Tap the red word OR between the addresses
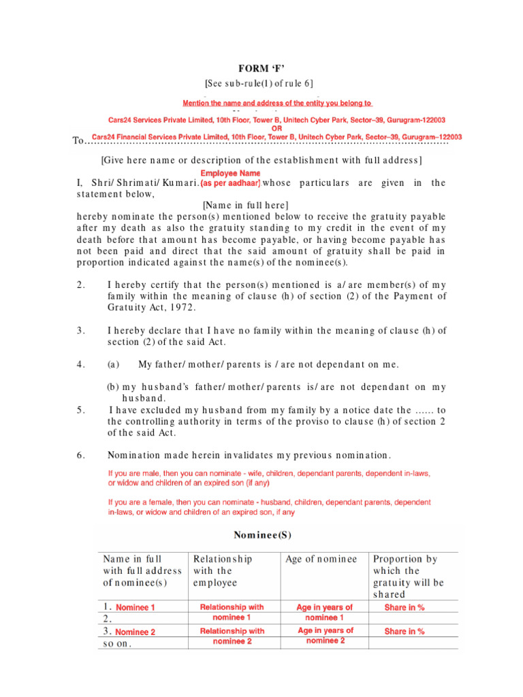pyautogui.click(x=277, y=128)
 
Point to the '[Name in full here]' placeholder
pyautogui.click(x=246, y=205)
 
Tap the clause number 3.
pyautogui.click(x=80, y=330)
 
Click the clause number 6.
pyautogui.click(x=80, y=454)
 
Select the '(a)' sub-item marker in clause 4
pyautogui.click(x=114, y=364)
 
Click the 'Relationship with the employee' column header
pyautogui.click(x=223, y=570)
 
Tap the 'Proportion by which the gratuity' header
pyautogui.click(x=407, y=570)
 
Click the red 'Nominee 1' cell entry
pyautogui.click(x=136, y=607)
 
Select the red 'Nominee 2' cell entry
pyautogui.click(x=136, y=632)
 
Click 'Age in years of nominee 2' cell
pyautogui.click(x=325, y=636)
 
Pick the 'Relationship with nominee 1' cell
pyautogui.click(x=232, y=611)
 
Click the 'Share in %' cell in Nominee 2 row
pyautogui.click(x=405, y=632)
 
